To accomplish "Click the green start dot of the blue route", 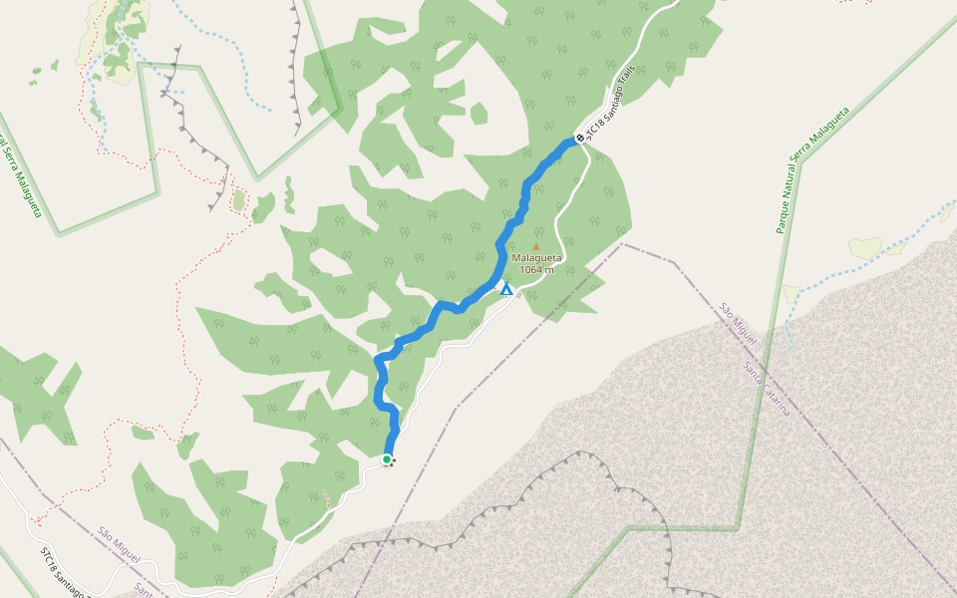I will (387, 459).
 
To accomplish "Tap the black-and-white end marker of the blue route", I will (579, 138).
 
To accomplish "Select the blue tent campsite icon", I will (506, 289).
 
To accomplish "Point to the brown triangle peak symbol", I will (536, 246).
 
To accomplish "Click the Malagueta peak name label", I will (537, 257).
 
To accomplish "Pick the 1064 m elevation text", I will (537, 269).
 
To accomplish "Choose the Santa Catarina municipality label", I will (767, 389).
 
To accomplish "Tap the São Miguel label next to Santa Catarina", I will (739, 323).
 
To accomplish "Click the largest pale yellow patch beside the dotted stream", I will (865, 246).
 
